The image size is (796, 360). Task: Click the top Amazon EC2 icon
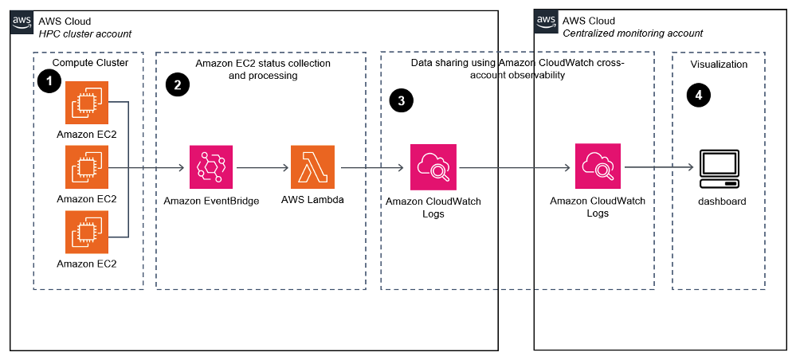(x=87, y=103)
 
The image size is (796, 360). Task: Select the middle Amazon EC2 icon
(x=87, y=168)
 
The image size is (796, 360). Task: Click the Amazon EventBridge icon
(x=211, y=168)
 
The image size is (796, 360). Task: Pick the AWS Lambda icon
(x=313, y=168)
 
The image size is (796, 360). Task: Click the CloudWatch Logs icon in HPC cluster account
(x=433, y=167)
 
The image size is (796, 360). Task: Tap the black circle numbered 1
(x=49, y=81)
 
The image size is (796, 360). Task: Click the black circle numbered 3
(x=401, y=100)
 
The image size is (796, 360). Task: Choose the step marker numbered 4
(x=699, y=95)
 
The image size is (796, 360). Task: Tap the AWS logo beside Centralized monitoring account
(x=546, y=22)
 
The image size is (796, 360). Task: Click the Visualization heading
(x=719, y=65)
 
